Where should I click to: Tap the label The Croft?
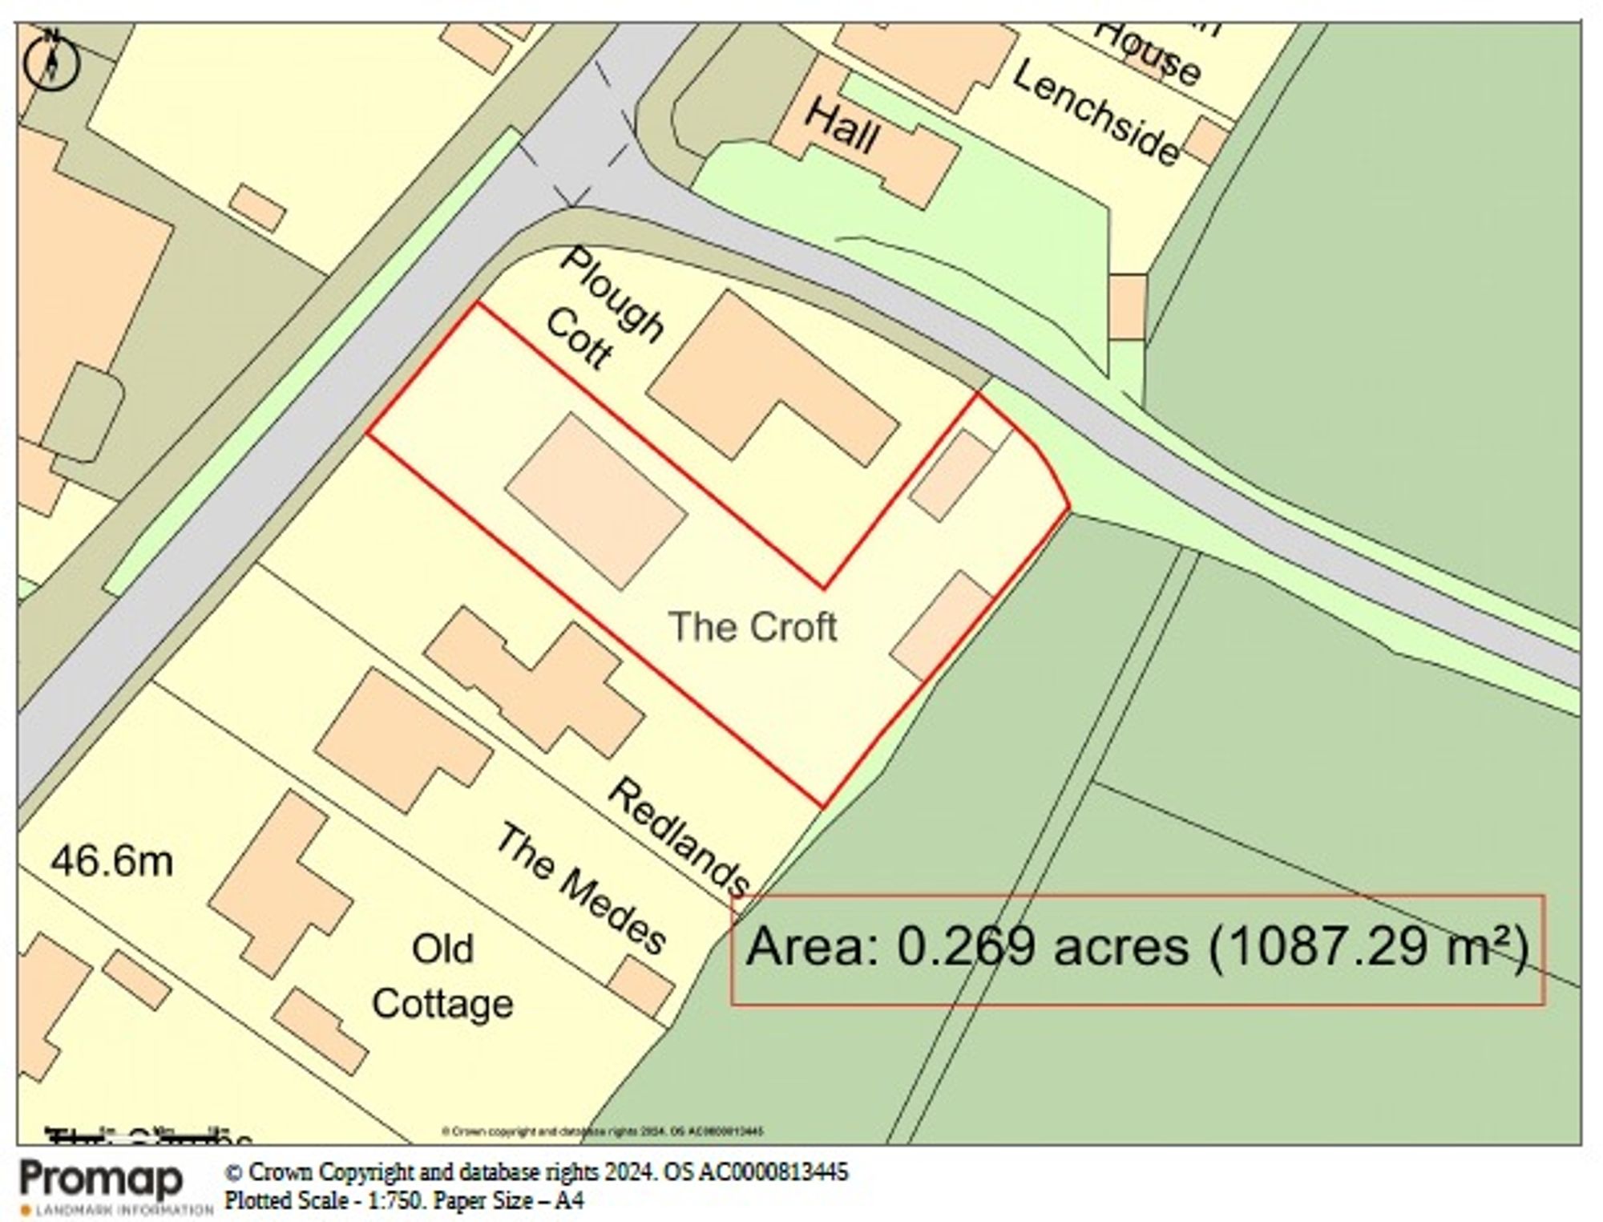(x=753, y=626)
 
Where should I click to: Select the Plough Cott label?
(x=603, y=312)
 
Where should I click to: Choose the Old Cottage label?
(x=442, y=977)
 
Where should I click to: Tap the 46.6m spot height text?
(x=112, y=862)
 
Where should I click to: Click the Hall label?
(x=842, y=127)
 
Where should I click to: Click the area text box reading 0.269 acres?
(x=1137, y=949)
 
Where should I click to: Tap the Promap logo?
(x=102, y=1180)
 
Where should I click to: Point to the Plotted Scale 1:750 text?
(x=404, y=1200)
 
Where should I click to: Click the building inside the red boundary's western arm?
(x=596, y=501)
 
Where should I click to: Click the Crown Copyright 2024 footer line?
(x=536, y=1172)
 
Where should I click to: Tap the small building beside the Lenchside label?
(x=1206, y=140)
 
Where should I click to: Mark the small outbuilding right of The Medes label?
(x=641, y=986)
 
